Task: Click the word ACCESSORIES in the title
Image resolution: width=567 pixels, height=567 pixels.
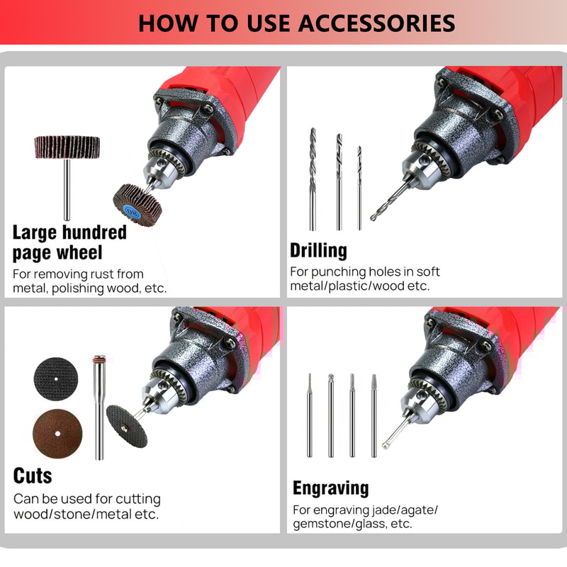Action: coord(376,22)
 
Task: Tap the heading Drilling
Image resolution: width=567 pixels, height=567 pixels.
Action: coord(318,250)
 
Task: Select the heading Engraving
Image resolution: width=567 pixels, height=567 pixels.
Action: coord(330,488)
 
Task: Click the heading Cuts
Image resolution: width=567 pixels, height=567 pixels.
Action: coord(33,474)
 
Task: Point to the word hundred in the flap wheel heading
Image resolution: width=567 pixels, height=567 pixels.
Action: coord(94,232)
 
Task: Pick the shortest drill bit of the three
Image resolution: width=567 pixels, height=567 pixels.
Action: coord(359,187)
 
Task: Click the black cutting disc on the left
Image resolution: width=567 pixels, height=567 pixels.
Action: coord(55,378)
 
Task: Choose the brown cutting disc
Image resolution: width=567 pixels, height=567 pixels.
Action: coord(57,434)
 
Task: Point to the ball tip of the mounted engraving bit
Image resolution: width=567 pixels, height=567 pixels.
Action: coord(385,444)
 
